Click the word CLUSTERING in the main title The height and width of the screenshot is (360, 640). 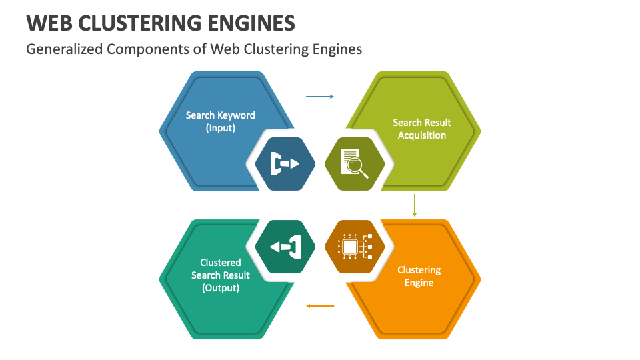tap(145, 23)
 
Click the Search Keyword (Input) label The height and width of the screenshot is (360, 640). tap(220, 121)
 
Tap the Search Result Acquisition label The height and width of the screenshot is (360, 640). tap(421, 129)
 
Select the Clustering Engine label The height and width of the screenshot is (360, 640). tap(419, 276)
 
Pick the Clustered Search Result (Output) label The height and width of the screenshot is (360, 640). tap(220, 275)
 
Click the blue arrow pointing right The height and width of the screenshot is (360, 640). tap(320, 97)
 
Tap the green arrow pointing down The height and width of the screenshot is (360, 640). tap(415, 205)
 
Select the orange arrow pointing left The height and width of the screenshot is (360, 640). tap(320, 306)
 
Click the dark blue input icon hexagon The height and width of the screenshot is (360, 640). tap(285, 163)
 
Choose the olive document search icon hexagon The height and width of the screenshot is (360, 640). tap(354, 163)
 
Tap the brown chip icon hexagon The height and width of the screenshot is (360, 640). tap(354, 247)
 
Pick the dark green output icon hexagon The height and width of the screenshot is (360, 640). tap(285, 247)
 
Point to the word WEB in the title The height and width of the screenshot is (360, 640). tap(49, 23)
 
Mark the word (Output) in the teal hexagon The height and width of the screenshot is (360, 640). tap(220, 288)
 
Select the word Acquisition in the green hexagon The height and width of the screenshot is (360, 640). tap(421, 135)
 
